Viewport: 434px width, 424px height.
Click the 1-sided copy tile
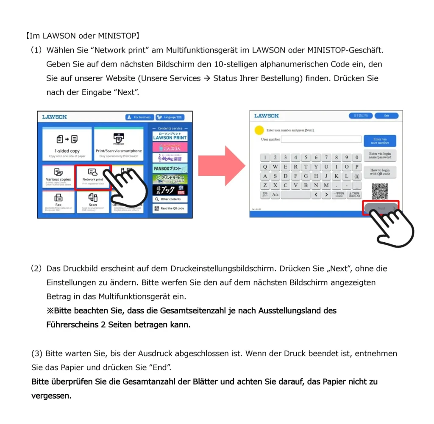[x=67, y=144]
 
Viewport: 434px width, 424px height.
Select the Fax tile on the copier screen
[x=58, y=202]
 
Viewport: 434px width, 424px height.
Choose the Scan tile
[x=93, y=201]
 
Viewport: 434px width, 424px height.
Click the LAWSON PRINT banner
[x=170, y=136]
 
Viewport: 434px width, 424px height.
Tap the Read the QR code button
[x=170, y=208]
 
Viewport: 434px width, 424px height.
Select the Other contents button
[x=170, y=199]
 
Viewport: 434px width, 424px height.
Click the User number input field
[x=321, y=139]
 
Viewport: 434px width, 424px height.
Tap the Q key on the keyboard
[x=265, y=167]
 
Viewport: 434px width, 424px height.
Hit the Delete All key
[x=354, y=195]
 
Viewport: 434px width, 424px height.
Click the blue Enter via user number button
[x=380, y=141]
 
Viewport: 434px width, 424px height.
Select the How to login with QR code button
[x=380, y=172]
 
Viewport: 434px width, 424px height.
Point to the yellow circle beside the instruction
[x=259, y=130]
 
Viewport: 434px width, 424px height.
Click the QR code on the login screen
[x=380, y=191]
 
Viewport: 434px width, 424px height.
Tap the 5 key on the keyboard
[x=306, y=158]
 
